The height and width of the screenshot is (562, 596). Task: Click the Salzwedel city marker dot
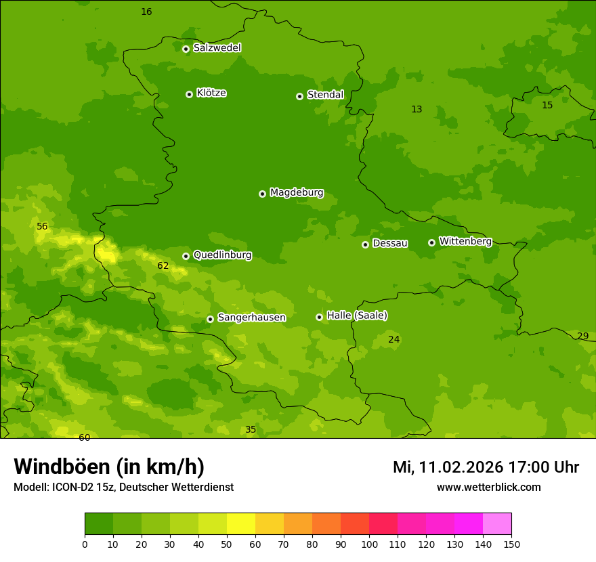coord(186,49)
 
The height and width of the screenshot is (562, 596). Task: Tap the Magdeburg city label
coord(297,193)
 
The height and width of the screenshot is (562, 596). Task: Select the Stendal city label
coord(325,95)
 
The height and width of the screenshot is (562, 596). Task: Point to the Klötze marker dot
coord(189,94)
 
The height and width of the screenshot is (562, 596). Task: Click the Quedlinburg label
coord(222,255)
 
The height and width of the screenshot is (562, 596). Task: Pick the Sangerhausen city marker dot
coord(210,319)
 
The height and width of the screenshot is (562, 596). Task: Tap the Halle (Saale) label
coord(357,316)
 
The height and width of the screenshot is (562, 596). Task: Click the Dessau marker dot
coord(365,244)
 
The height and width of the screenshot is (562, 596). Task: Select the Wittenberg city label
coord(465,241)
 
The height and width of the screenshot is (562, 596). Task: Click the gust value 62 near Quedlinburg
coord(163,266)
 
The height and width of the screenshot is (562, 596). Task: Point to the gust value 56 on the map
coord(42,227)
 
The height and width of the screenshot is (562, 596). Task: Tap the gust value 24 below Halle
coord(393,339)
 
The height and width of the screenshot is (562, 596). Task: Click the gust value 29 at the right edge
coord(582,337)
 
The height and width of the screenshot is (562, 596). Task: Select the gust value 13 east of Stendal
coord(417,110)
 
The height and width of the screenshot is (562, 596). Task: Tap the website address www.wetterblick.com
coord(488,488)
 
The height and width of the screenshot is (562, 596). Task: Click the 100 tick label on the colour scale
coord(369,544)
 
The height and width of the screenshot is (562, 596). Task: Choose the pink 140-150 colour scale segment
coord(497,524)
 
